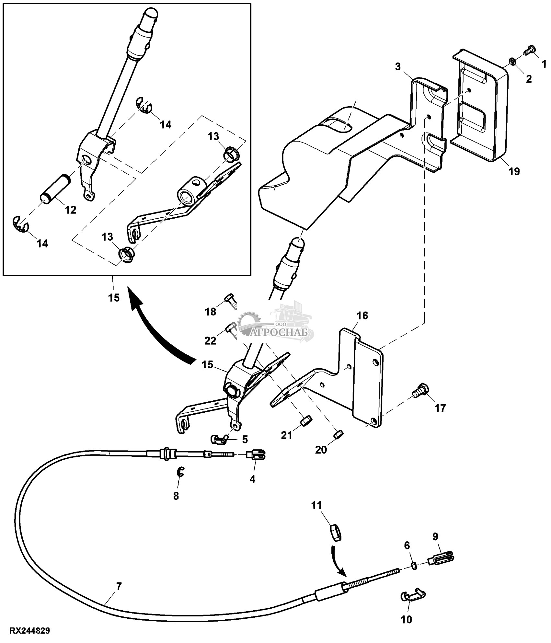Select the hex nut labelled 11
pyautogui.click(x=335, y=533)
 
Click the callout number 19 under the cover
pyautogui.click(x=514, y=171)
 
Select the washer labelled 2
pyautogui.click(x=513, y=61)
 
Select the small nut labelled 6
pyautogui.click(x=414, y=565)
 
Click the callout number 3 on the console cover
pyautogui.click(x=398, y=67)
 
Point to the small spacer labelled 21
pyautogui.click(x=306, y=420)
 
